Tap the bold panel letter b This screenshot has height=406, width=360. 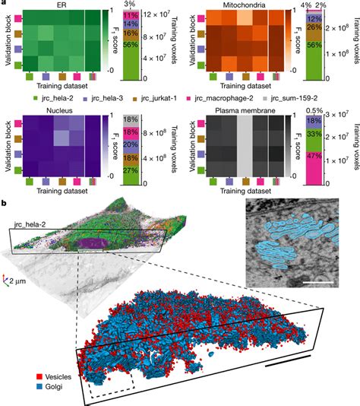pos(5,204)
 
